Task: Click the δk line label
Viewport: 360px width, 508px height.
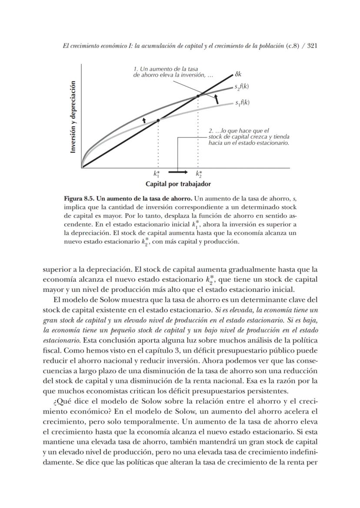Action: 238,74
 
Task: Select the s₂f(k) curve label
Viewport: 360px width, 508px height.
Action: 242,87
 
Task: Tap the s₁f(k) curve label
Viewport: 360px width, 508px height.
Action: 242,103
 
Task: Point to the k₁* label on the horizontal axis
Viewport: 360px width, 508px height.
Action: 157,175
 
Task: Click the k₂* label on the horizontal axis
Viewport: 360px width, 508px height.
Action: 199,175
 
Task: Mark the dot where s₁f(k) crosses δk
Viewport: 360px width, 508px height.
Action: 158,120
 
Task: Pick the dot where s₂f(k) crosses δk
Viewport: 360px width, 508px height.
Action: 198,96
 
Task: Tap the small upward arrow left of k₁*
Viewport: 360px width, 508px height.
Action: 144,118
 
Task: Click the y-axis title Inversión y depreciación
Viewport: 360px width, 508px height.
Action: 73,117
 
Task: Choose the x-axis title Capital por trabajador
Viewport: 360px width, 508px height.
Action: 178,184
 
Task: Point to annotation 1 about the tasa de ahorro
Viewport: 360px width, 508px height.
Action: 173,72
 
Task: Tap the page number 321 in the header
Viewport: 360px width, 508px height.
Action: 313,46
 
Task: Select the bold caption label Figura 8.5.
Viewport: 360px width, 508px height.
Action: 81,199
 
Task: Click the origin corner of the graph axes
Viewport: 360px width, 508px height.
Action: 82,167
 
